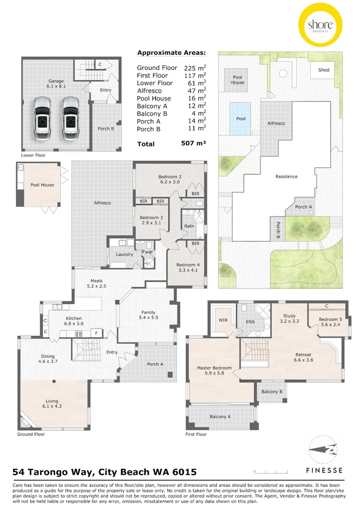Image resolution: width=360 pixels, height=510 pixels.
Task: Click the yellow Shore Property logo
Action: click(320, 25)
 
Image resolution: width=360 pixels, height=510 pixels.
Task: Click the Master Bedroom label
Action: click(214, 371)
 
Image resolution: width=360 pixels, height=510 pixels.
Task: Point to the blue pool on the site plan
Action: click(240, 118)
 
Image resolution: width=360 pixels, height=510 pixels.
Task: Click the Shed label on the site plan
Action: click(324, 70)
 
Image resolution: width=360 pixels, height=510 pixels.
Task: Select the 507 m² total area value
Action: click(193, 143)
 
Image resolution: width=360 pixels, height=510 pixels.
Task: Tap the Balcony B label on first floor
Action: click(271, 391)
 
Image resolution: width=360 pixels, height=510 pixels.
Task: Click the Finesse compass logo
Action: click(323, 451)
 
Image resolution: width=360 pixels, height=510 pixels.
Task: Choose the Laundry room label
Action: click(125, 255)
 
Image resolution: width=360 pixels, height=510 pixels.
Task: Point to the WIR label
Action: click(223, 320)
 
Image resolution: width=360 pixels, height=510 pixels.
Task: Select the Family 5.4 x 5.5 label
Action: click(148, 315)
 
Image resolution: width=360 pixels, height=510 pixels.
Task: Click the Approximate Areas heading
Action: click(171, 53)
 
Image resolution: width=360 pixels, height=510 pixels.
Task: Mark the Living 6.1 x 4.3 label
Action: click(52, 404)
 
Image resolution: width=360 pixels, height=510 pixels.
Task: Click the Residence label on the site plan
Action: click(286, 177)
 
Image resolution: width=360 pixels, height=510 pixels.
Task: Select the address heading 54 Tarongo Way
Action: click(104, 472)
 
